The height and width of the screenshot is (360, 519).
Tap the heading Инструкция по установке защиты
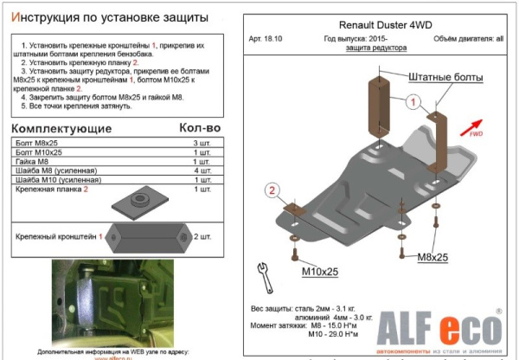pos(113,17)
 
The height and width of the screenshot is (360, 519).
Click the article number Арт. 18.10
pos(271,40)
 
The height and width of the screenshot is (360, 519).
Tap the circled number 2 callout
pos(272,191)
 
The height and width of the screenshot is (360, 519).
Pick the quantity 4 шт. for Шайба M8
pos(202,170)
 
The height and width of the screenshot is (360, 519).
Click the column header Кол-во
pos(199,128)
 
